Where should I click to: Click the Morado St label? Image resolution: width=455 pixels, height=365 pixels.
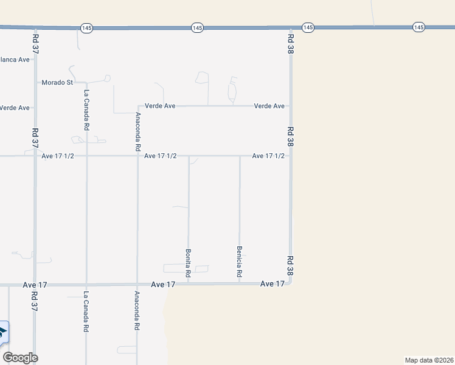click(x=57, y=82)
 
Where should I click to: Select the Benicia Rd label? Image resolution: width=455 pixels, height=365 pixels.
click(x=239, y=262)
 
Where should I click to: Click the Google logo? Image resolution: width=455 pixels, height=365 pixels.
click(x=20, y=358)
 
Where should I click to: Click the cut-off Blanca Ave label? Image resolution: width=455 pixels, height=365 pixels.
click(x=15, y=60)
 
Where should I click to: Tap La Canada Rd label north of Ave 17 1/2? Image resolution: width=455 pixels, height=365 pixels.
click(x=86, y=110)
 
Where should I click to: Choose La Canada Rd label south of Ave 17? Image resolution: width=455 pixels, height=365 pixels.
click(x=86, y=311)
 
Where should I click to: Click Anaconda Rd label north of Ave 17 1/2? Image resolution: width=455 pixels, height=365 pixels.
click(x=138, y=131)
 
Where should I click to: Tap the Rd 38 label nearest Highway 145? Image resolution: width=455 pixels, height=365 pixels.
click(x=291, y=43)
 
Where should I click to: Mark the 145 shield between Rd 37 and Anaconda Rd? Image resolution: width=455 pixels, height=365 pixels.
click(x=86, y=28)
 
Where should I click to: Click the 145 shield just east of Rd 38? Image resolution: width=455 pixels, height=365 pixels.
click(x=308, y=28)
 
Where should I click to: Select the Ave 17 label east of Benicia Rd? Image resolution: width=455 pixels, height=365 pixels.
click(x=272, y=284)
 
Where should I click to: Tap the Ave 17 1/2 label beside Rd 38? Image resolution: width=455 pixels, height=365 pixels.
click(x=268, y=156)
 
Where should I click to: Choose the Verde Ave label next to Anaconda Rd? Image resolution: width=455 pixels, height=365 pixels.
click(x=160, y=106)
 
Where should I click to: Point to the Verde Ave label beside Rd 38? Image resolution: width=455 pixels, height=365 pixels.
click(x=269, y=106)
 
